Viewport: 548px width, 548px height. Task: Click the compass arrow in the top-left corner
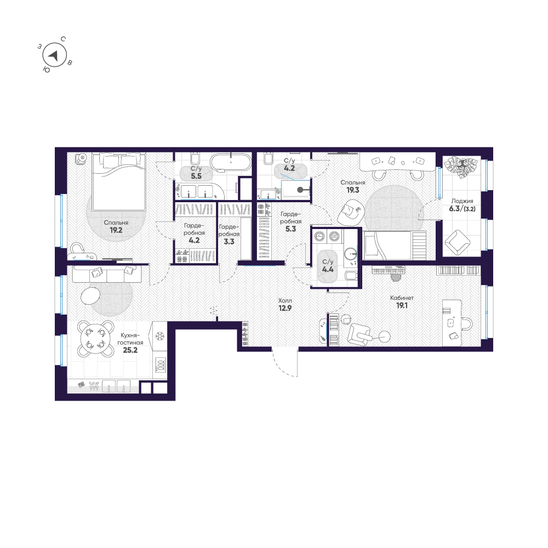point(53,55)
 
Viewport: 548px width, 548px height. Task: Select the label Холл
point(285,301)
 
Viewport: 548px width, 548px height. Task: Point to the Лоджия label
point(463,201)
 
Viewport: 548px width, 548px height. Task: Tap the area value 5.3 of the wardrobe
point(290,230)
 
